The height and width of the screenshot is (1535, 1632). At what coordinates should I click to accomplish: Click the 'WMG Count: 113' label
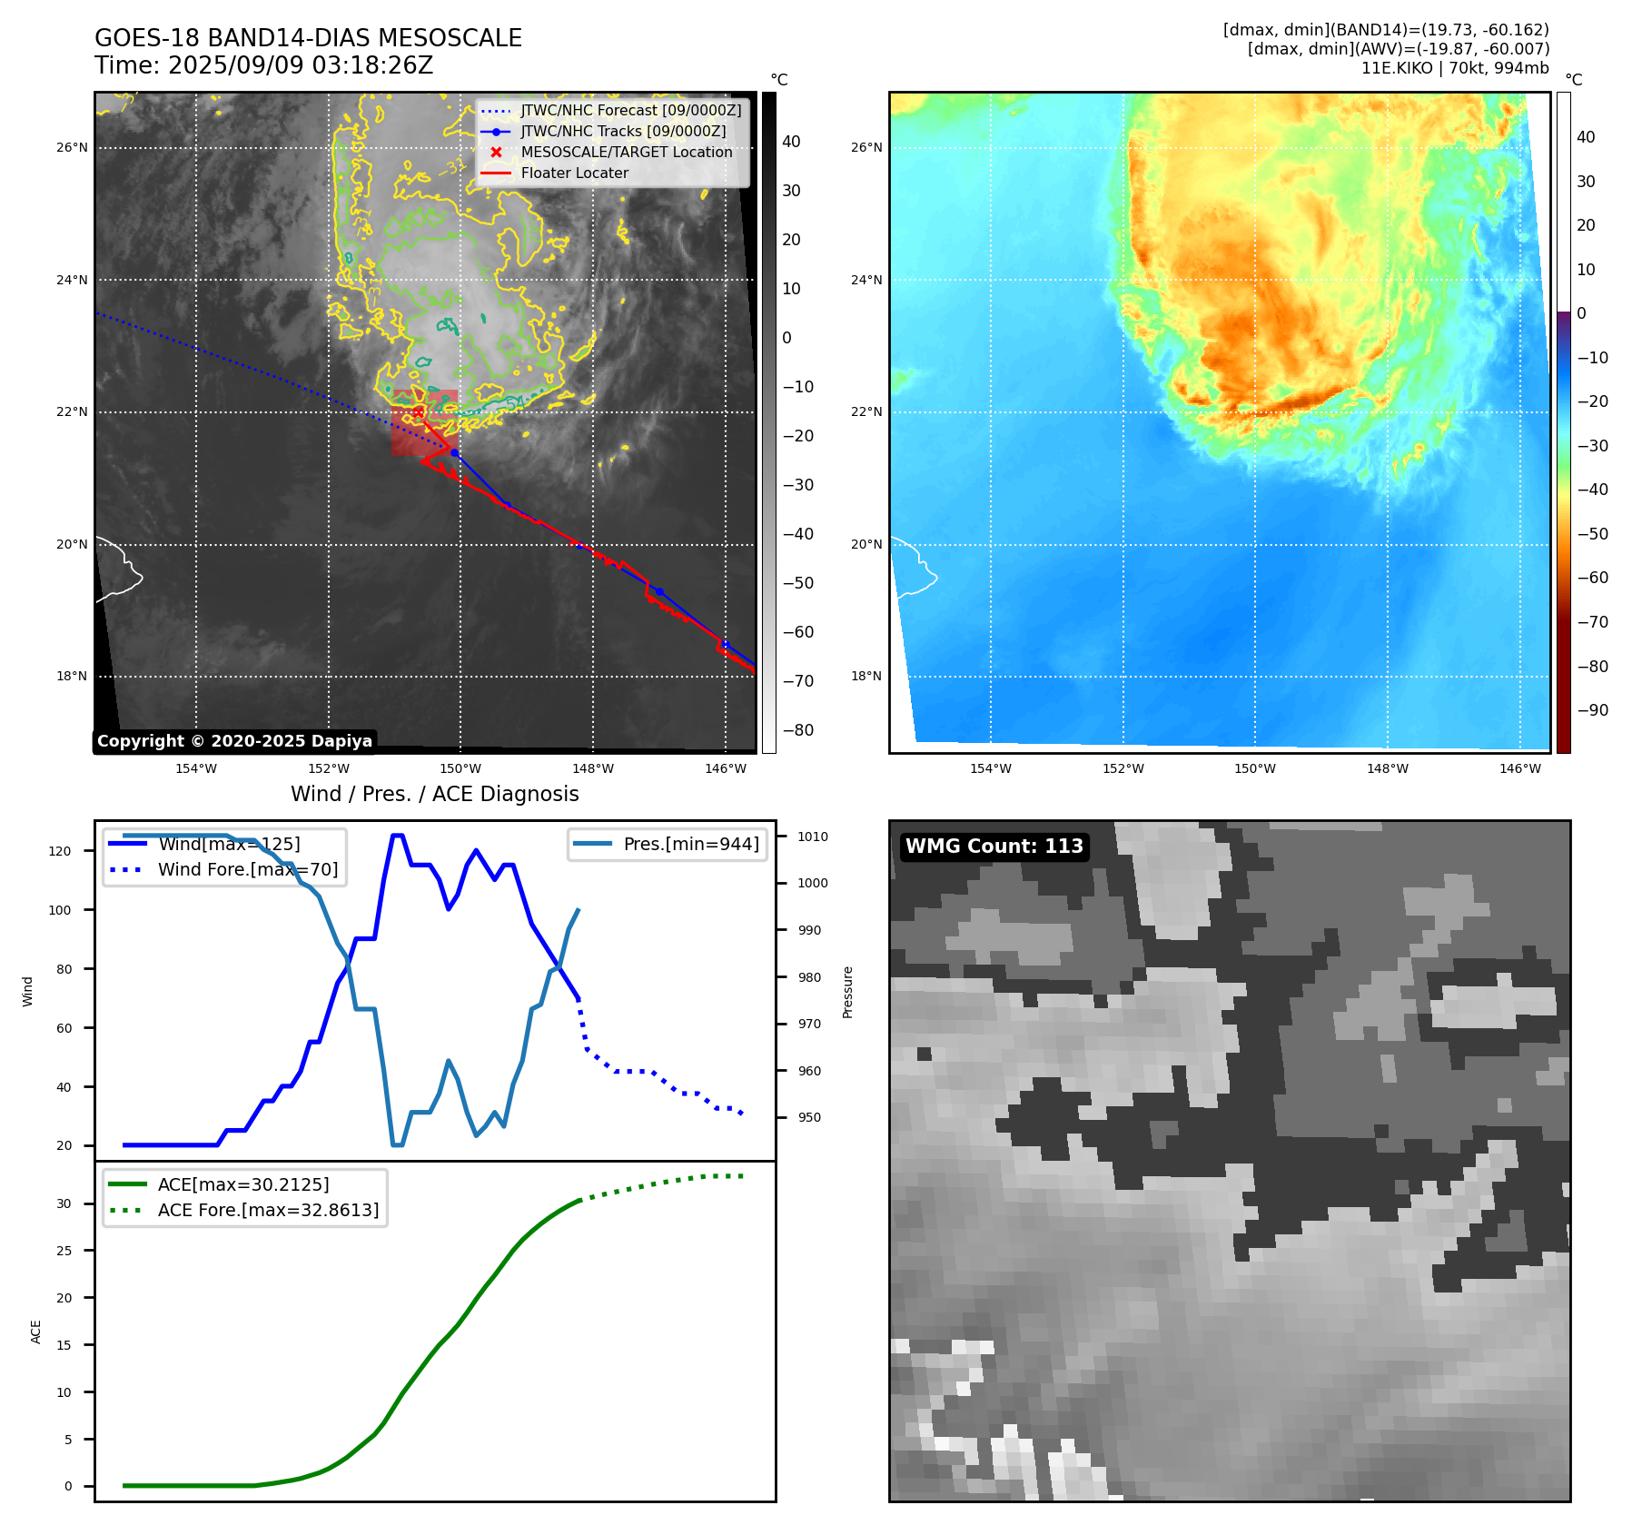coord(994,847)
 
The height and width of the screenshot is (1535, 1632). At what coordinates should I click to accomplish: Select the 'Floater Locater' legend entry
coord(574,173)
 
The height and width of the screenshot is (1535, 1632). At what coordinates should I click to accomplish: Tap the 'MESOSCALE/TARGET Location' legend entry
coord(626,153)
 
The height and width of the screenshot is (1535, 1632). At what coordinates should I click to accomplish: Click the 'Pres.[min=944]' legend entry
coord(690,844)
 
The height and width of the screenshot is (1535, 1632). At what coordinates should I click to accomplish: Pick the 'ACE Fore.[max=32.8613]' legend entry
coord(268,1210)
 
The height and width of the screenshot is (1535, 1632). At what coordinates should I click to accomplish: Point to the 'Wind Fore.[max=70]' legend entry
coord(247,869)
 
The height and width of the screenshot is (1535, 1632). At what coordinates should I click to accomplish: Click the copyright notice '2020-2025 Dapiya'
coord(234,741)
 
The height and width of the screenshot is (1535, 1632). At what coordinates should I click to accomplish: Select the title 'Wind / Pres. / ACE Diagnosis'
coord(434,794)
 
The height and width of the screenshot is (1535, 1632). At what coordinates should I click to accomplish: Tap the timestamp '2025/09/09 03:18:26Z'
coord(301,66)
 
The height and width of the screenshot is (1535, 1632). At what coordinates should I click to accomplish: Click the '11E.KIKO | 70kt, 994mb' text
coord(1454,68)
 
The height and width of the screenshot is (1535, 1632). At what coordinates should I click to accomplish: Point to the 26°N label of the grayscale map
coord(73,147)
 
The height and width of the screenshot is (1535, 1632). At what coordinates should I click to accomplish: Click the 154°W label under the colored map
coord(990,768)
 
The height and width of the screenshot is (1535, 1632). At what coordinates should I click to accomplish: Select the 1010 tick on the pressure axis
coord(813,837)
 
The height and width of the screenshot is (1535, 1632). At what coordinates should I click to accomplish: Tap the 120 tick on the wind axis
coord(60,851)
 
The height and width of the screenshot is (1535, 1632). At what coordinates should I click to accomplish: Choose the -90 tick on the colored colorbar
coord(1592,710)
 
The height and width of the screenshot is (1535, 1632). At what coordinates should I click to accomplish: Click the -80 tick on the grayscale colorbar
coord(798,730)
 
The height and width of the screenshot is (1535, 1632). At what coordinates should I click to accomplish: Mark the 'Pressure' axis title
coord(847,992)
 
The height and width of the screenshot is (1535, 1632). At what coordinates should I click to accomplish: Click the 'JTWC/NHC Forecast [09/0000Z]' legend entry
coord(630,111)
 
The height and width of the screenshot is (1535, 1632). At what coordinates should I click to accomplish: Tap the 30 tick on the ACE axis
coord(64,1203)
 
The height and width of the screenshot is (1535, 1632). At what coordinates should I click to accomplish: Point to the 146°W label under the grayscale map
coord(725,768)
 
